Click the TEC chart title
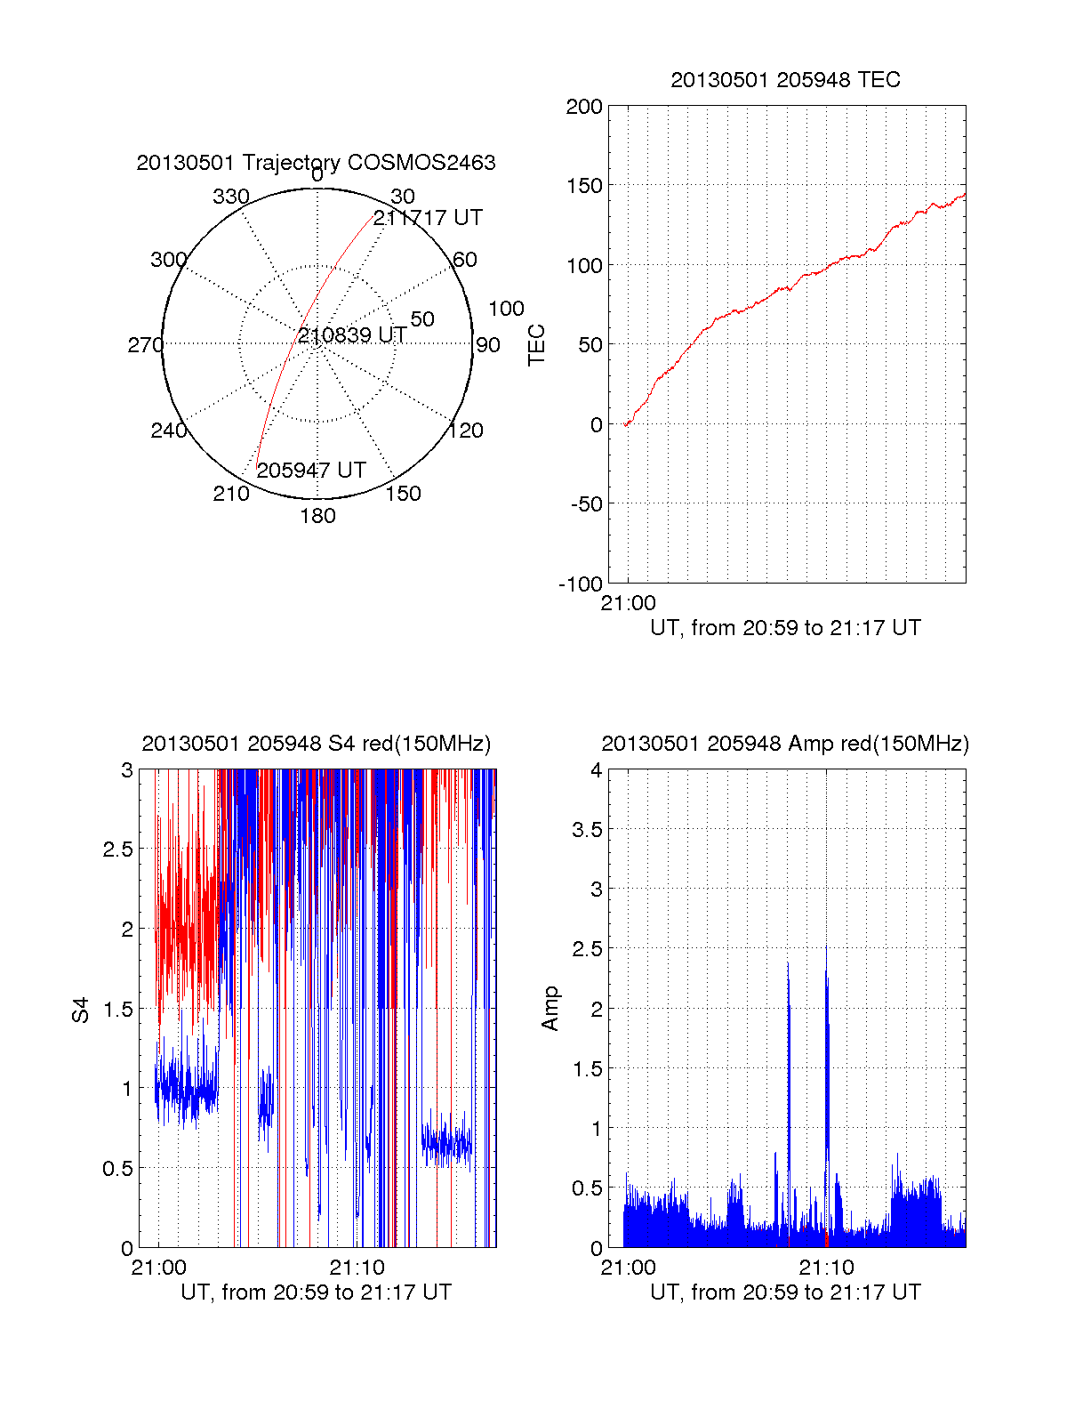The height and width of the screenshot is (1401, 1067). click(785, 80)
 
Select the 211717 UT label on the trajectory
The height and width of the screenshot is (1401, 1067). click(428, 218)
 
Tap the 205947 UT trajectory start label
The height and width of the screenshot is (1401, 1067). click(311, 471)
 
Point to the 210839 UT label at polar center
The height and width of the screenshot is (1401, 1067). click(352, 335)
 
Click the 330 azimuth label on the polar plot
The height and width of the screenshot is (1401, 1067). click(231, 197)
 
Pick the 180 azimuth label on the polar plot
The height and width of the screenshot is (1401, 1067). click(317, 516)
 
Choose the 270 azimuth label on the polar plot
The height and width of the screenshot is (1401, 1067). click(145, 345)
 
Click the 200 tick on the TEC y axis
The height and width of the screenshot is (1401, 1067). click(584, 108)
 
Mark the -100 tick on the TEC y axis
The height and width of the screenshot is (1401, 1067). click(581, 584)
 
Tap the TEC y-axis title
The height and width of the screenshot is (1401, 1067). click(537, 345)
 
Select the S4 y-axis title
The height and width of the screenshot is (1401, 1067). click(81, 1010)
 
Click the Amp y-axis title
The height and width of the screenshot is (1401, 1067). click(550, 1009)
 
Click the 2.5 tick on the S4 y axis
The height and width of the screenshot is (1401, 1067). click(117, 849)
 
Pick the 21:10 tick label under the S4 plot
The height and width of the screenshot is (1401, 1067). click(357, 1268)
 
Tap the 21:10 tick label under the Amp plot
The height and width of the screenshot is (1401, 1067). click(826, 1268)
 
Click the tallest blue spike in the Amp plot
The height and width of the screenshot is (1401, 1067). click(826, 952)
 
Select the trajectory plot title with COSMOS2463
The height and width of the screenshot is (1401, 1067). click(316, 163)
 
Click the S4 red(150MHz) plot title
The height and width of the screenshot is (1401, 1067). click(316, 744)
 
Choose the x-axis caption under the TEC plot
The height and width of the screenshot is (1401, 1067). click(785, 628)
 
